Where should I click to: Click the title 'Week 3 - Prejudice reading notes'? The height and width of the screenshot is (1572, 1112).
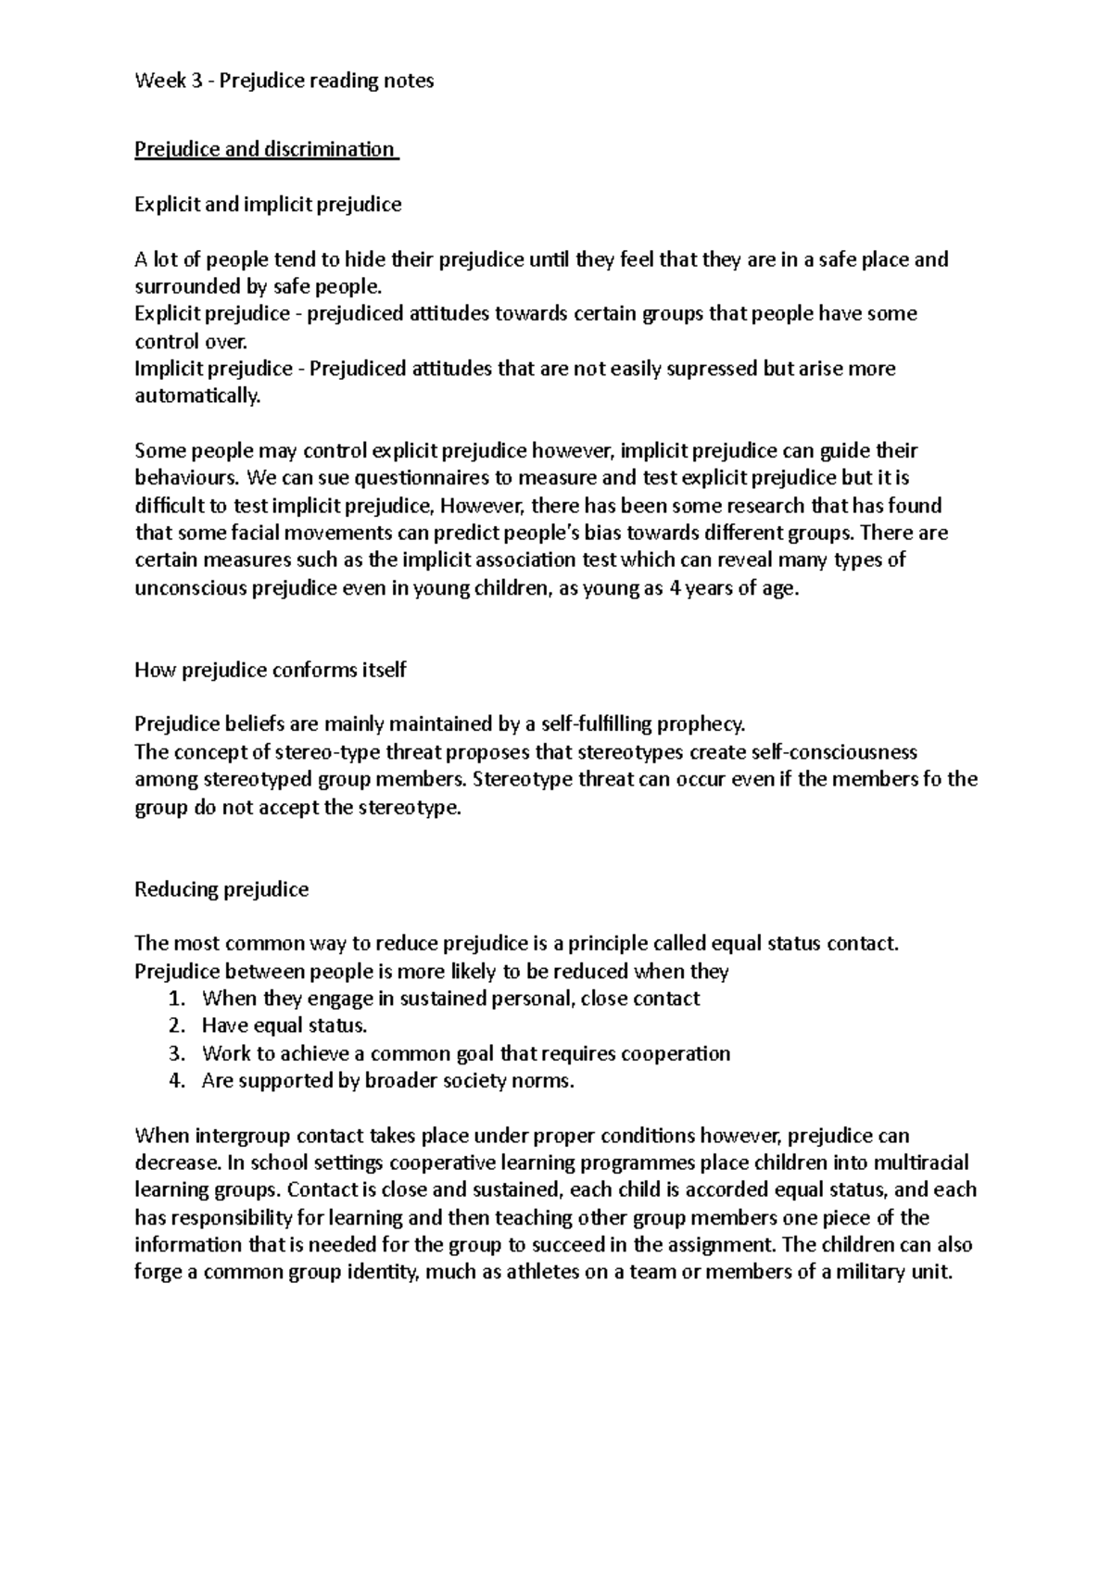(x=284, y=81)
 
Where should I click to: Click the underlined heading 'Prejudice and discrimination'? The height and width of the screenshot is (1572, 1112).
(x=264, y=149)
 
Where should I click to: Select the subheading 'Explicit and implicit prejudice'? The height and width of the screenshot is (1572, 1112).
(x=268, y=204)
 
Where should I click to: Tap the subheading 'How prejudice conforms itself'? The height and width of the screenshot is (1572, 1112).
(x=270, y=670)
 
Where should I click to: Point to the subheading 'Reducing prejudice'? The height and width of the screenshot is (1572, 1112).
(x=221, y=889)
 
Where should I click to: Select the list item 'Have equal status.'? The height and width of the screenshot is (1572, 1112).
(x=284, y=1025)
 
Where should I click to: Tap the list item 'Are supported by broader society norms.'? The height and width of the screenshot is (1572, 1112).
(x=387, y=1080)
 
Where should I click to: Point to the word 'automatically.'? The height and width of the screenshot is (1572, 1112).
(x=198, y=396)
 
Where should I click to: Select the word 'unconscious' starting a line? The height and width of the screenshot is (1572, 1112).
(x=190, y=588)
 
